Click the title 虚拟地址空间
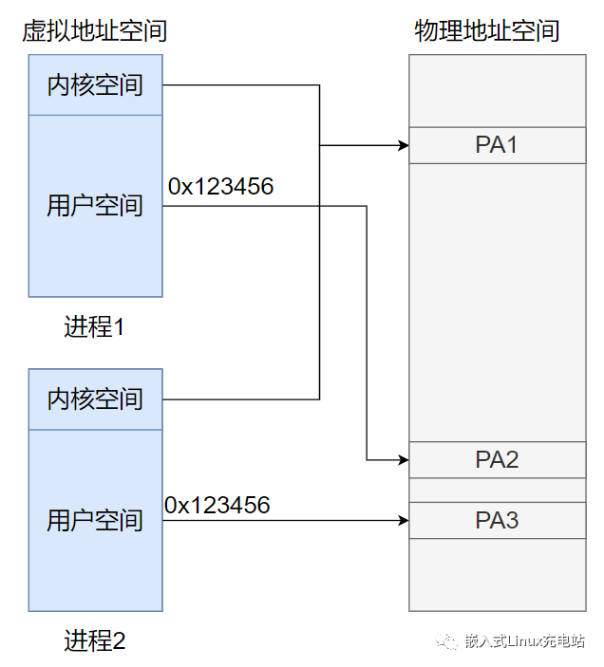click(x=95, y=30)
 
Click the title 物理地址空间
click(x=486, y=30)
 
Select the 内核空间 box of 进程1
click(x=95, y=85)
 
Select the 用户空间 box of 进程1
click(x=95, y=206)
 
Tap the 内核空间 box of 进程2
click(x=95, y=399)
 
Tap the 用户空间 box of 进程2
click(x=95, y=520)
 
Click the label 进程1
click(x=95, y=327)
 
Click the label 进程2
click(x=95, y=641)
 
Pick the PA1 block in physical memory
click(x=497, y=145)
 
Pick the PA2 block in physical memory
click(x=497, y=460)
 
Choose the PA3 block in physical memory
click(x=497, y=520)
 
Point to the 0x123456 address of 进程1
click(x=221, y=187)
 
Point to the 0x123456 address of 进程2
click(x=217, y=505)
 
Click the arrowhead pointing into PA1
click(x=403, y=146)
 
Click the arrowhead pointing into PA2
click(x=403, y=461)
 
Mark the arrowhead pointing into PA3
click(x=403, y=520)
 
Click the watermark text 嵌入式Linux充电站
click(x=524, y=641)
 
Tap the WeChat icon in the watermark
click(x=446, y=641)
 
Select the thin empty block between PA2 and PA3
click(x=497, y=490)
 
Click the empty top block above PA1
click(x=497, y=90)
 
